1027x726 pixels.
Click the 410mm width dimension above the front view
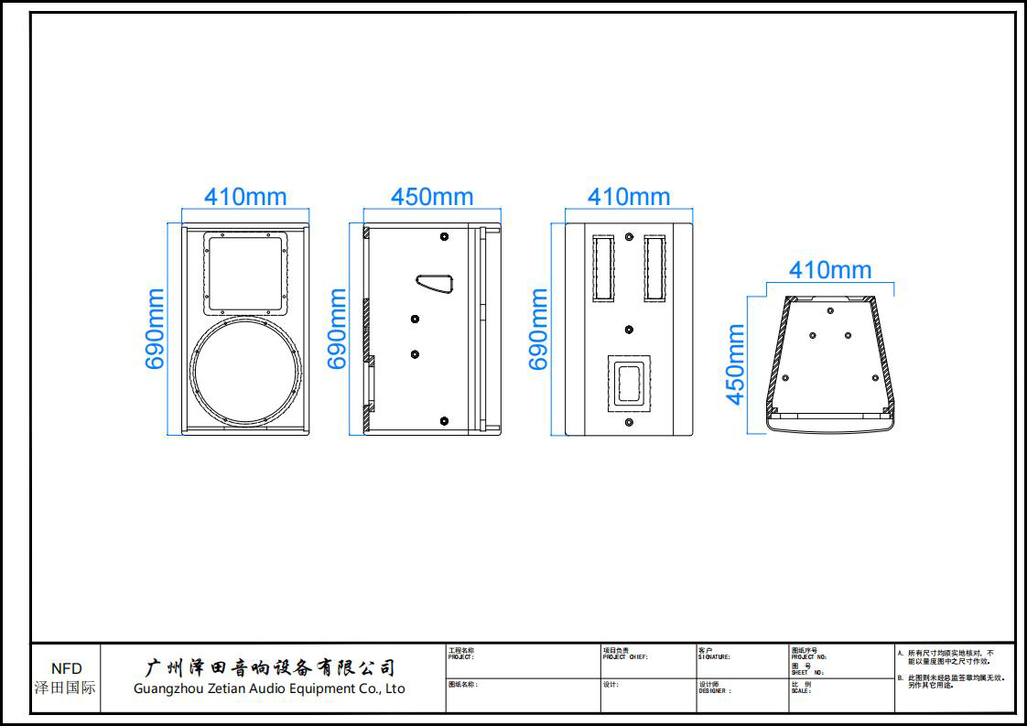click(x=244, y=197)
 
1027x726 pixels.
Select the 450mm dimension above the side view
click(x=432, y=197)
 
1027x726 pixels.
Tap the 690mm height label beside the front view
click(x=156, y=329)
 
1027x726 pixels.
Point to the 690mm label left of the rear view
click(x=539, y=329)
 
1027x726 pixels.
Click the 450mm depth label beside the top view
click(x=735, y=363)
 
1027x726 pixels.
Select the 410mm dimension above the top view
click(x=830, y=270)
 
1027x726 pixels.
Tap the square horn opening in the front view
click(x=244, y=271)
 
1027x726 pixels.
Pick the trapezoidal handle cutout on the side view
click(x=437, y=284)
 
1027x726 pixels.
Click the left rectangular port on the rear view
click(x=603, y=268)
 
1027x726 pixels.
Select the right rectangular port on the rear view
click(x=654, y=268)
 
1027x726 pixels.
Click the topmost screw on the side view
click(x=444, y=236)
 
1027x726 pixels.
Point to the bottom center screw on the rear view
click(x=629, y=422)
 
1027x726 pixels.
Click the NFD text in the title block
click(x=66, y=668)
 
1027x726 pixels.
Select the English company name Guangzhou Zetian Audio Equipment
click(x=269, y=688)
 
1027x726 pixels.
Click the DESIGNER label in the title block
click(x=715, y=691)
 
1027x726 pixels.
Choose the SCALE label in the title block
click(x=801, y=691)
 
